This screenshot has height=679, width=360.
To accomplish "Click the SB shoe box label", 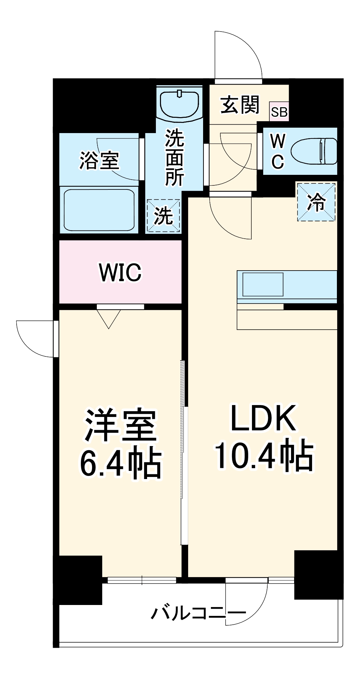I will (279, 112).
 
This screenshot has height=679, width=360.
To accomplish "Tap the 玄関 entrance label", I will (240, 105).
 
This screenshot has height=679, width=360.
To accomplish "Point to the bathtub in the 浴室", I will (99, 209).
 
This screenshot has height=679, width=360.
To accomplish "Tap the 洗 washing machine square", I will (163, 216).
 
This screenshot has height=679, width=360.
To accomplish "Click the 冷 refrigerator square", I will (316, 202).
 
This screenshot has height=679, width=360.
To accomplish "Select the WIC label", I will (120, 272).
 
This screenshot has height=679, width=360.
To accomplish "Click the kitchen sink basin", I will (263, 284).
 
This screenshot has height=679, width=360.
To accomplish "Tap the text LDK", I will (263, 418).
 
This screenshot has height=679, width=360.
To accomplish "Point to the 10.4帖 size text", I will (263, 455).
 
